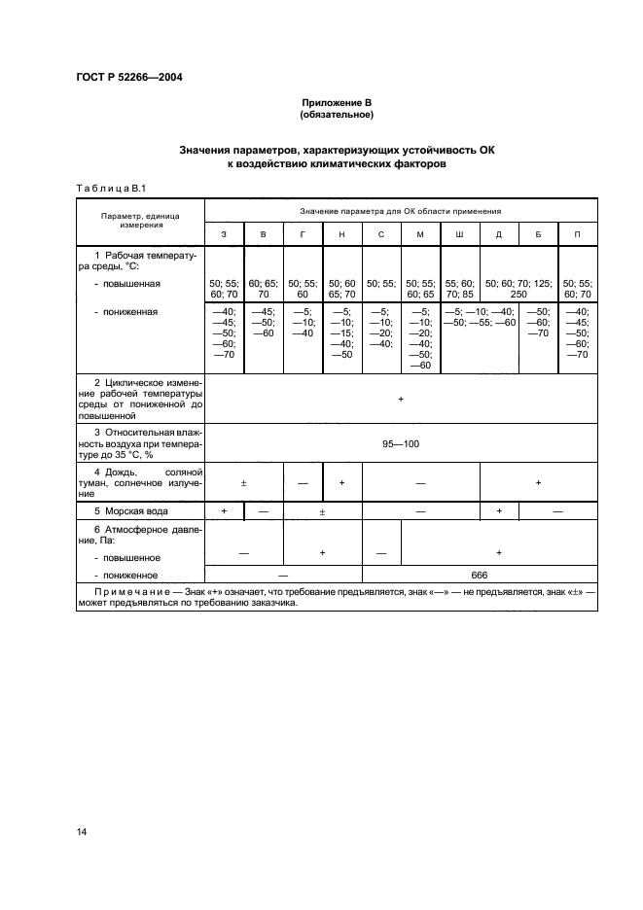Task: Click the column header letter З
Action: tap(224, 235)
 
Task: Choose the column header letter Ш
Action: tap(459, 235)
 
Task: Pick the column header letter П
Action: tap(578, 235)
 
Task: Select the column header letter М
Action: tap(420, 235)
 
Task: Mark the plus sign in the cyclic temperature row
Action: tap(401, 400)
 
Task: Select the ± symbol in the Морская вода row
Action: tap(322, 510)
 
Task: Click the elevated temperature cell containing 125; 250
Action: tap(518, 289)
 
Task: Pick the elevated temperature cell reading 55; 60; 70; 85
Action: tap(459, 289)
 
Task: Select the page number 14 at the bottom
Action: tap(82, 830)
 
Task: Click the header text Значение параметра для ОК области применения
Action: tap(401, 210)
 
